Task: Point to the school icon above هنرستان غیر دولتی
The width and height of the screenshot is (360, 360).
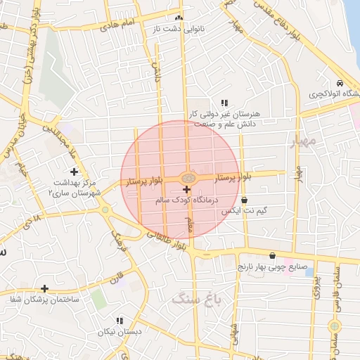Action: point(224,103)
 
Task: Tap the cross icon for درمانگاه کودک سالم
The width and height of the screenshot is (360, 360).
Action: point(186,190)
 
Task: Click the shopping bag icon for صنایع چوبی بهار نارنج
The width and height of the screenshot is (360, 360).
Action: point(272,255)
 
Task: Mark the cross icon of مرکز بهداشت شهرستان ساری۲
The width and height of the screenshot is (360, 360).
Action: point(74,172)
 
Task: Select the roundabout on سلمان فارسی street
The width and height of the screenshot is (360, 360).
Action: point(335,326)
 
